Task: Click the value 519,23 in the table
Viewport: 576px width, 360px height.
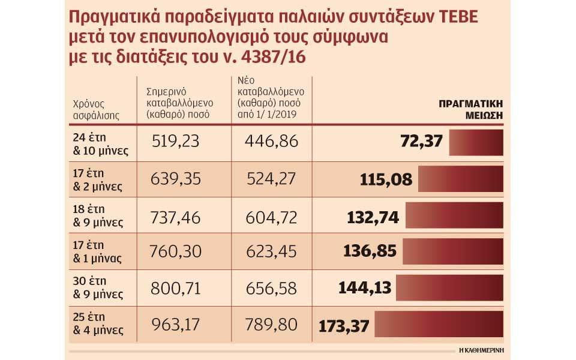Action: point(173,142)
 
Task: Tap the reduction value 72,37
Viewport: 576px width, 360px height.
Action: point(421,142)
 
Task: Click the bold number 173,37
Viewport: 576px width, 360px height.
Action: point(345,326)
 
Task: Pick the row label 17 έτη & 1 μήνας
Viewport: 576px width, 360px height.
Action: point(97,252)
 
